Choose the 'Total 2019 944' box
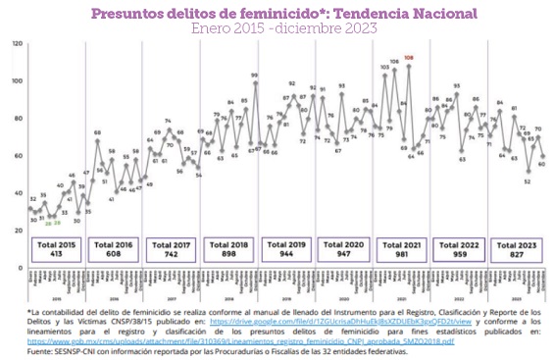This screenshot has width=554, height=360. (x=288, y=245)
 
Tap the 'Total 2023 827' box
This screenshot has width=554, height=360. (x=520, y=245)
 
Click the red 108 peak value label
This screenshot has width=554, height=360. (x=408, y=59)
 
